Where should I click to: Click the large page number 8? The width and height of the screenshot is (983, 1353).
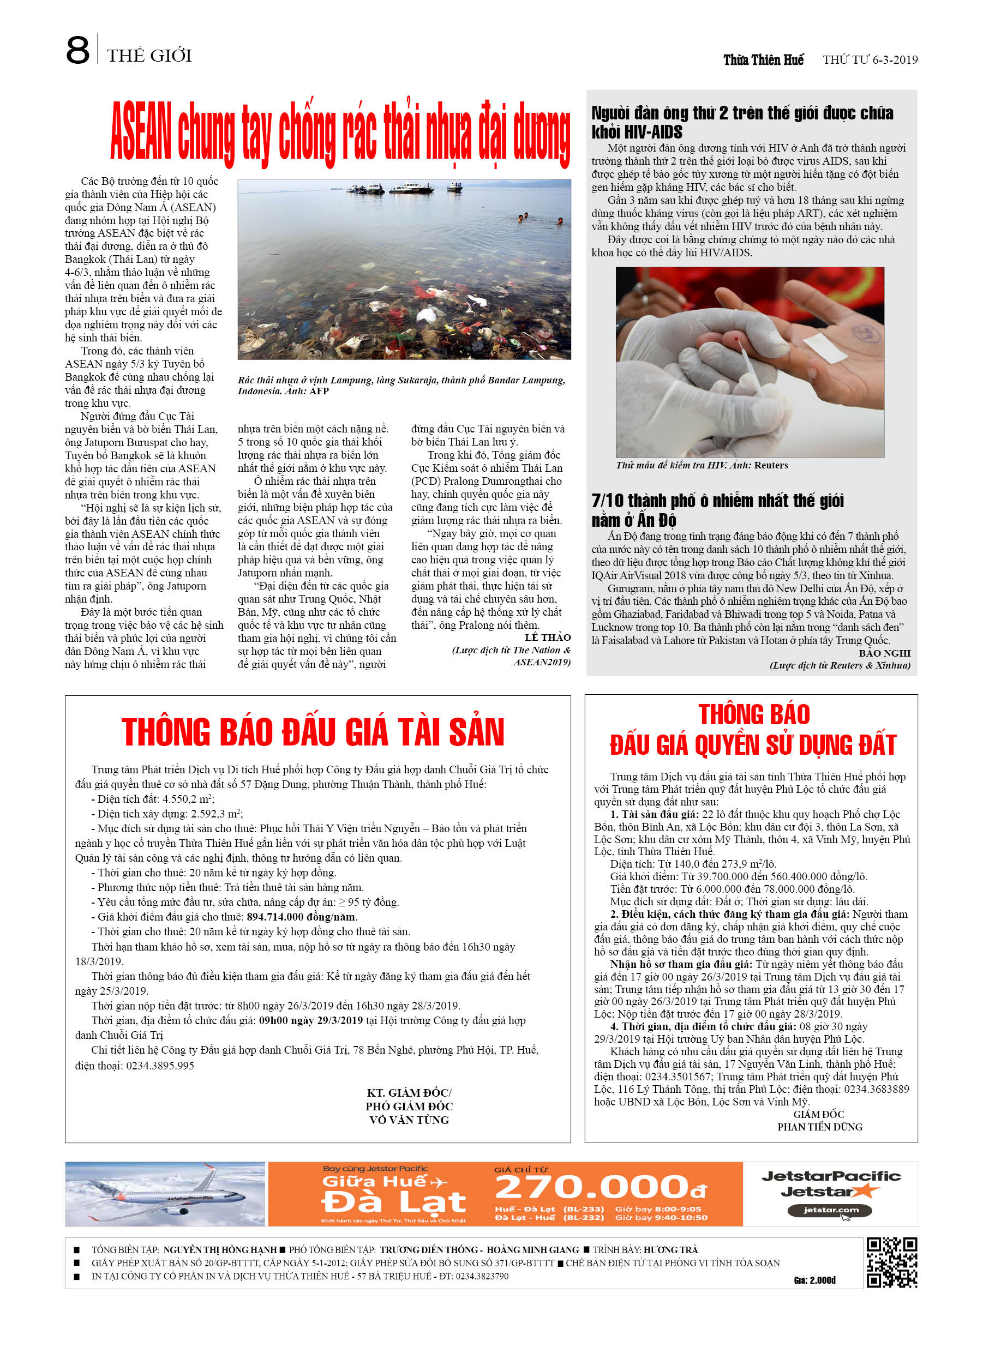point(77,50)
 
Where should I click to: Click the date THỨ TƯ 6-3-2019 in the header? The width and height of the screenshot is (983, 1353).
point(870,59)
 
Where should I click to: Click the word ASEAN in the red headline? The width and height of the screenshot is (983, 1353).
point(141,131)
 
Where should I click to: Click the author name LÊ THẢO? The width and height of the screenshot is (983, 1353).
point(547,637)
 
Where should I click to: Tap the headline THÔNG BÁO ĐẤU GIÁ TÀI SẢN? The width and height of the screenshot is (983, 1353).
point(313,732)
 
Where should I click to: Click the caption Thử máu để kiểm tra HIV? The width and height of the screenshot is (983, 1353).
point(702,465)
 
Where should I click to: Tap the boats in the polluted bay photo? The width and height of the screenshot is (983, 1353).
point(404,189)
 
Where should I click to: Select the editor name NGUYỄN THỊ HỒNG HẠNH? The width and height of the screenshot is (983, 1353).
point(220,1250)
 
